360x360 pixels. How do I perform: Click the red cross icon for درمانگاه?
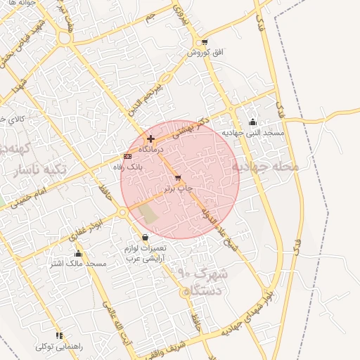(150, 139)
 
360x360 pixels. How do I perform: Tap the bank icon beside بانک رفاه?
(127, 156)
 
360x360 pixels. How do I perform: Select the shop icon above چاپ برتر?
(177, 179)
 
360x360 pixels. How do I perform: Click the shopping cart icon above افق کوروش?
(204, 42)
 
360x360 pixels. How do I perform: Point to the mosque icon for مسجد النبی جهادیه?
(253, 122)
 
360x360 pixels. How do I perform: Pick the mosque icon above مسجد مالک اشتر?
(78, 254)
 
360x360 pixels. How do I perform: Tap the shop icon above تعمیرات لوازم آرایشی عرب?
(145, 238)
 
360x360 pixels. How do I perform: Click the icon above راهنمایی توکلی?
(60, 336)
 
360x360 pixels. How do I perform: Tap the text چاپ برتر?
(178, 189)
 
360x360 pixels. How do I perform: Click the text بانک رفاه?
(128, 167)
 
